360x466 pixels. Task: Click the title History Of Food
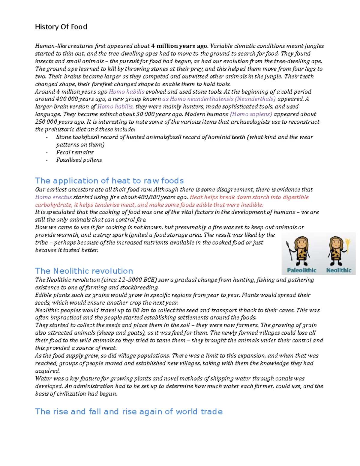point(61,27)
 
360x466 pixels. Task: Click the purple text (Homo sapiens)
point(251,114)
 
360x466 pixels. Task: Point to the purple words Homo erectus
point(53,197)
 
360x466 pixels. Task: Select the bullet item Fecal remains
point(75,152)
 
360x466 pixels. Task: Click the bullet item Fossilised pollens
point(79,160)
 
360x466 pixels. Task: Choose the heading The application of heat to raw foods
point(109,181)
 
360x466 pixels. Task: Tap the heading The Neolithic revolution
point(84,271)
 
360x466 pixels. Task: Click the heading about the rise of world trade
point(129,411)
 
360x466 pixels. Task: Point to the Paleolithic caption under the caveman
point(301,270)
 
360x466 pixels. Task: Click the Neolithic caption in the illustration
point(339,270)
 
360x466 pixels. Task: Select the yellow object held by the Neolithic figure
point(348,245)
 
